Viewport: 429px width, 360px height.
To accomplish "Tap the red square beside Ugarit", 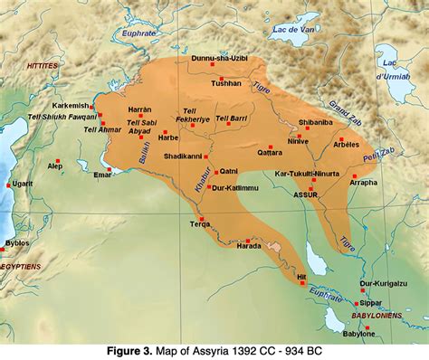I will point(9,185).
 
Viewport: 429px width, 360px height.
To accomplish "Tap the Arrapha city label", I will point(363,182).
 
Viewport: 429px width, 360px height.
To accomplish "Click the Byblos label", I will point(17,242).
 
